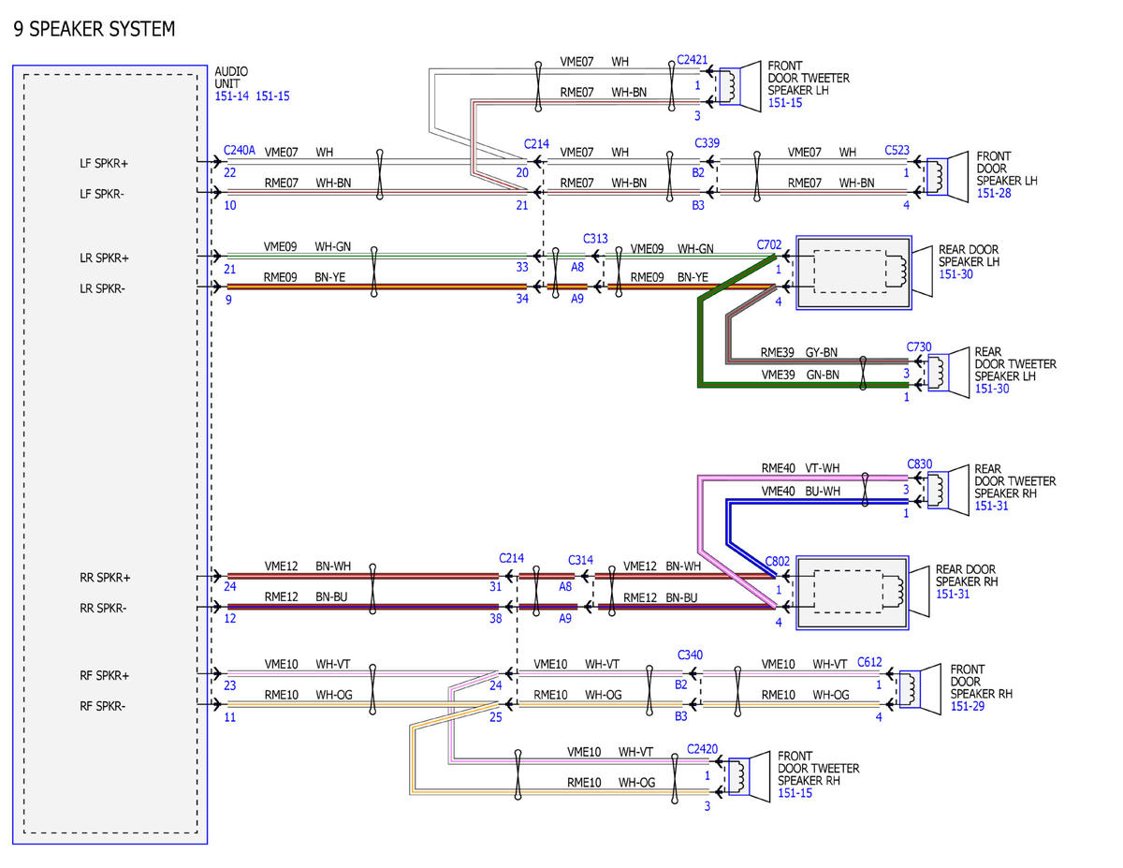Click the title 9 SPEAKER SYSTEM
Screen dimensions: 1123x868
point(95,29)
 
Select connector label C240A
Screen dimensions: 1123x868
point(240,150)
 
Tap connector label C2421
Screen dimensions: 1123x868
point(692,60)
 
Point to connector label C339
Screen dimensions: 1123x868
point(707,142)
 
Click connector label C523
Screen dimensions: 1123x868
point(897,150)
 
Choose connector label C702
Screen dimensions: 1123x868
point(769,244)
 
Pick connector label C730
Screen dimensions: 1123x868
point(919,346)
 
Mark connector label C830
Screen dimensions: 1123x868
point(920,463)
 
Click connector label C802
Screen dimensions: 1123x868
point(778,561)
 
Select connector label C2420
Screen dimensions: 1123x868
point(702,748)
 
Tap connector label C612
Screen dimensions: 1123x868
point(869,662)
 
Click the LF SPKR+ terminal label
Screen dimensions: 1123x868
point(104,163)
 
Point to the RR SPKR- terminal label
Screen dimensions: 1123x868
point(103,608)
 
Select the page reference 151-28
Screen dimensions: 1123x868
point(994,193)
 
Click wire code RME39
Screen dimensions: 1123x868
point(777,352)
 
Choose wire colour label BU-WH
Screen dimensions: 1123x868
point(823,491)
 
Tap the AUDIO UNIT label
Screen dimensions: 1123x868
point(231,78)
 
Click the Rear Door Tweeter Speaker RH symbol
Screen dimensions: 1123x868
point(948,490)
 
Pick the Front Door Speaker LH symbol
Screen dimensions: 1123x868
point(947,177)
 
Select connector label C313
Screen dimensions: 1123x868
point(595,239)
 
